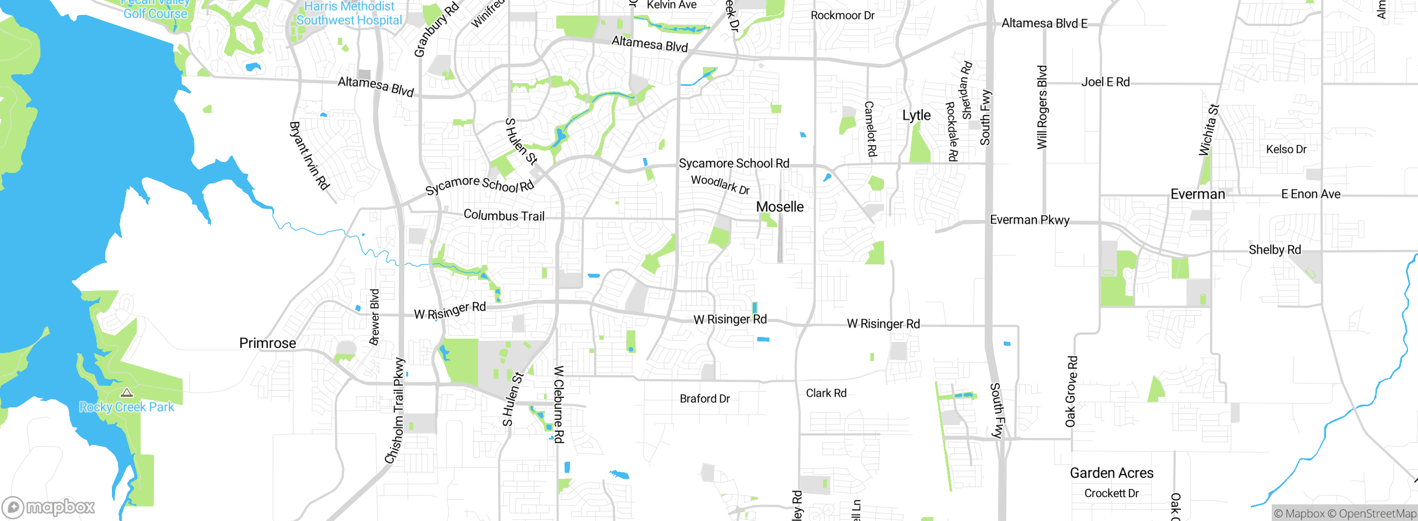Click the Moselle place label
coord(779,207)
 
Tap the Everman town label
coord(1198,195)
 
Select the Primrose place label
coord(268,343)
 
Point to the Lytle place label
coord(916,115)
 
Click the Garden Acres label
coord(1111,473)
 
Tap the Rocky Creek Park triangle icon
coord(127,393)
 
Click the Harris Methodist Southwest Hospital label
coord(349,13)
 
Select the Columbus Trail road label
coord(504,215)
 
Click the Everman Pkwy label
coord(1029,220)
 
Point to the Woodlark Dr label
coord(720,184)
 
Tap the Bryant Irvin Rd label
coord(309,156)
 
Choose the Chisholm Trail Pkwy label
coord(395,411)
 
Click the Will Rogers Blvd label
coord(1042,107)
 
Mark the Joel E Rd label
coord(1105,82)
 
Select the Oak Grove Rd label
coord(1071,391)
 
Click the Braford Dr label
coord(705,399)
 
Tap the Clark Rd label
coord(826,393)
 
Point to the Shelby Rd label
coord(1275,250)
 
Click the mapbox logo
coord(49,507)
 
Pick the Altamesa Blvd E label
coord(1044,23)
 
